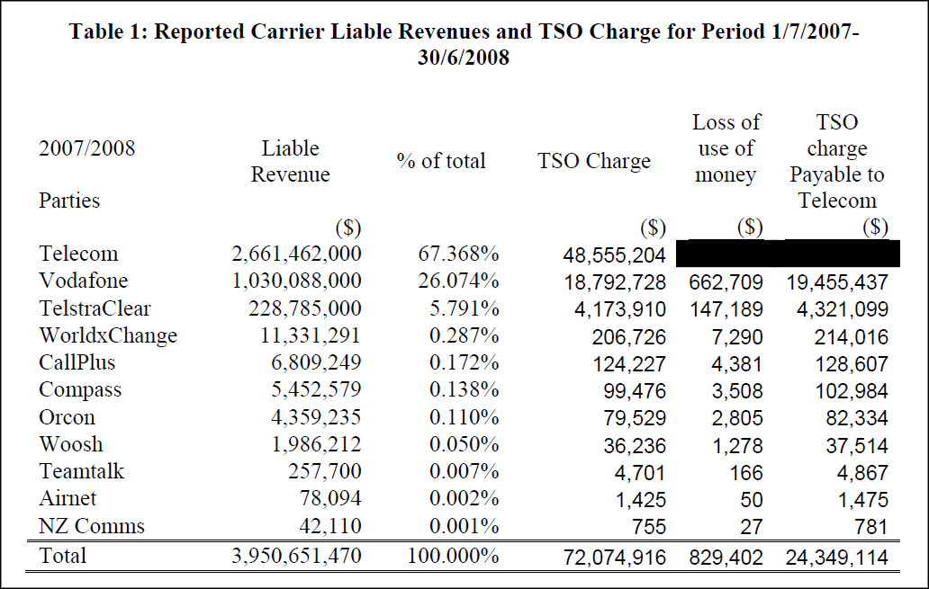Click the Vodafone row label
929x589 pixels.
coord(84,281)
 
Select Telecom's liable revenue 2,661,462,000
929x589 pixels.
coord(296,254)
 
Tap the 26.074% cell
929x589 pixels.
coord(458,281)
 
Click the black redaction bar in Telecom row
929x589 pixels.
coord(787,254)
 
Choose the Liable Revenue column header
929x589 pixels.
coord(290,162)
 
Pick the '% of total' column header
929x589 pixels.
coord(441,161)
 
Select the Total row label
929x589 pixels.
coord(63,556)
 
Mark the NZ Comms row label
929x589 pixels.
coord(92,527)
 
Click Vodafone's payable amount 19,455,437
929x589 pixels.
coord(837,282)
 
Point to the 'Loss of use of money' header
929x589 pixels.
coord(726,148)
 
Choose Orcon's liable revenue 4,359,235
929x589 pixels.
coord(309,417)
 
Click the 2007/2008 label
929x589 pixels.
coord(86,148)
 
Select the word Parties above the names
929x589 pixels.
coord(69,201)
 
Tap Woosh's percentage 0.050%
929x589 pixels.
coord(464,445)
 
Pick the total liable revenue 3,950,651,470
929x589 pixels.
coord(296,556)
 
